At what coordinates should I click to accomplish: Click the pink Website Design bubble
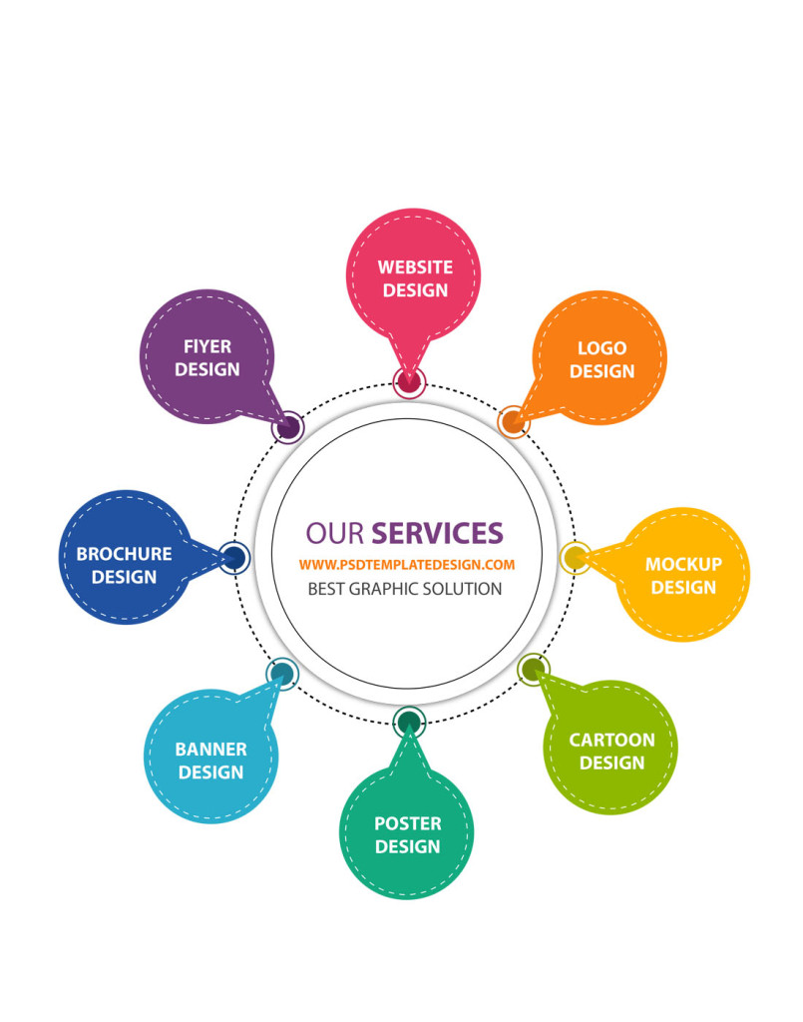tap(414, 277)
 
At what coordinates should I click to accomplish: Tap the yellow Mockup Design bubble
tap(683, 575)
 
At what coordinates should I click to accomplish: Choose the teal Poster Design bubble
tap(406, 833)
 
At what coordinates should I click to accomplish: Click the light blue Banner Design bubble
tap(210, 759)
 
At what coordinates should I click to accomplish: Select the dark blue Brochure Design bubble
tap(124, 564)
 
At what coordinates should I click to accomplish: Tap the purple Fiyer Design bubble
tap(206, 356)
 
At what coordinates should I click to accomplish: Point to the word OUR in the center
tap(334, 531)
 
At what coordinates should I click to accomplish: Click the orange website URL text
tap(406, 565)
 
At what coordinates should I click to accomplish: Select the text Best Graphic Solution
tap(404, 589)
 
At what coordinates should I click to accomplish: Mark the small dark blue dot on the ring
tap(233, 557)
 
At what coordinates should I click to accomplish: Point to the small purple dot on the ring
tap(288, 427)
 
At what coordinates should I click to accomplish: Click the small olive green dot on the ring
tap(534, 669)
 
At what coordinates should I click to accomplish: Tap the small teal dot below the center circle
tap(409, 722)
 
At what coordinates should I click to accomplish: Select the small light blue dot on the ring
tap(282, 675)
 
